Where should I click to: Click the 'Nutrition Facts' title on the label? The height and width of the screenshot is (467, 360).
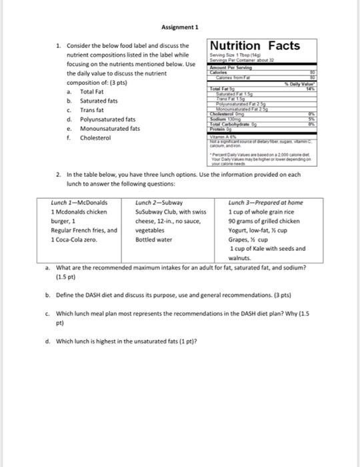tap(254, 45)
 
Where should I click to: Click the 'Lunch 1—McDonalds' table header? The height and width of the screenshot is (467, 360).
tap(79, 201)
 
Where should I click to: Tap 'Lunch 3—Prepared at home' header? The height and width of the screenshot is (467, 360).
tap(265, 201)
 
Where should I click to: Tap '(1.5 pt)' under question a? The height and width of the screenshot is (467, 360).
tap(66, 274)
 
